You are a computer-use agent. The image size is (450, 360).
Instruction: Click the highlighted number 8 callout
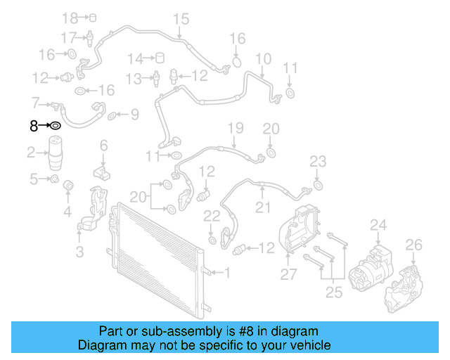[x=33, y=126]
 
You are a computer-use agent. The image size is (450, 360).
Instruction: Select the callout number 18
[x=69, y=17]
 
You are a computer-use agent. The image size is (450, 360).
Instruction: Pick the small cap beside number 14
[x=159, y=58]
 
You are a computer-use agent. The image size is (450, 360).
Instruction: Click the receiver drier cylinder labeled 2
[x=58, y=155]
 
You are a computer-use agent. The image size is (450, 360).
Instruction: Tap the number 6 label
[x=103, y=146]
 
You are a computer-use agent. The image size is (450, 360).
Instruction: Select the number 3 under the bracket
[x=79, y=251]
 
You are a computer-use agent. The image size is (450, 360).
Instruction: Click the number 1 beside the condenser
[x=226, y=272]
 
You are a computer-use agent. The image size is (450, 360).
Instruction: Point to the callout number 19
[x=236, y=127]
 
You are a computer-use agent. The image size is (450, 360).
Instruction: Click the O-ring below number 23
[x=317, y=185]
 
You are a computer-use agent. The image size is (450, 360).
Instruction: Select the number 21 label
[x=263, y=207]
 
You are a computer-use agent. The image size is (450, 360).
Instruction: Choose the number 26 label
[x=414, y=245]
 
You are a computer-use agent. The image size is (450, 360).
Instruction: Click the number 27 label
[x=289, y=274]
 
